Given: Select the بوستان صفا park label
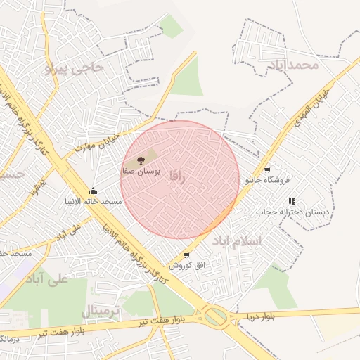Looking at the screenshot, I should (141, 171).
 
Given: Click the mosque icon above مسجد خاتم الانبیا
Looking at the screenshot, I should (93, 191).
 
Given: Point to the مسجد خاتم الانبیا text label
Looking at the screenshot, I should (92, 202).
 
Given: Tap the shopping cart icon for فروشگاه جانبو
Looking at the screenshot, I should (267, 170).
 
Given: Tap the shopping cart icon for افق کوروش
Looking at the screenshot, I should (186, 255).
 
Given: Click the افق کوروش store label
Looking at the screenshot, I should (181, 265).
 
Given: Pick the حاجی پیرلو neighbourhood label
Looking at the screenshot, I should (73, 68).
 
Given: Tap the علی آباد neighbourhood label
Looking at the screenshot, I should (46, 278).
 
